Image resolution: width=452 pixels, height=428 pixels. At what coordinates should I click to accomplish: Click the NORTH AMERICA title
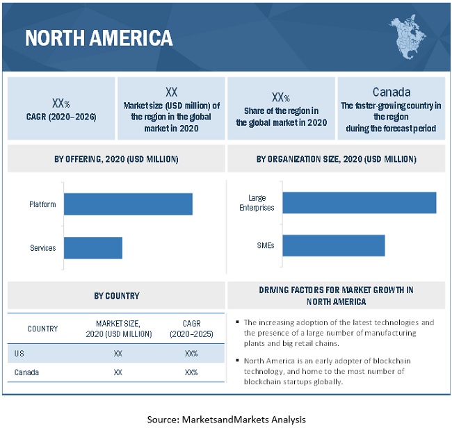click(x=99, y=37)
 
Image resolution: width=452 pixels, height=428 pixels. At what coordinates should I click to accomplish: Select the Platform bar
click(x=128, y=204)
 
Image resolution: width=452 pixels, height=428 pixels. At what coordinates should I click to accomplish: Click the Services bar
click(x=93, y=248)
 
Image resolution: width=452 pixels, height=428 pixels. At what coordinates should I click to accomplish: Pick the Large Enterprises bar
click(x=359, y=203)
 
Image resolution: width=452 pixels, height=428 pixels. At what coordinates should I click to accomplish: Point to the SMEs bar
click(x=333, y=245)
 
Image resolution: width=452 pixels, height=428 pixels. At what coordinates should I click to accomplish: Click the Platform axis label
click(x=42, y=204)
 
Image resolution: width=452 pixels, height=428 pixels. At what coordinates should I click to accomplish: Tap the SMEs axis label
click(x=265, y=245)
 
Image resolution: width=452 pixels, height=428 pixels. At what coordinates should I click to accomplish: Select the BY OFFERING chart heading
click(x=116, y=159)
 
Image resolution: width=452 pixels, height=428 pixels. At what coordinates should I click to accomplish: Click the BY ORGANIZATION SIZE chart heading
click(x=337, y=159)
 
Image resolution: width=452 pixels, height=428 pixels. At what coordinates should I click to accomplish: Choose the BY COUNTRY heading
click(x=116, y=295)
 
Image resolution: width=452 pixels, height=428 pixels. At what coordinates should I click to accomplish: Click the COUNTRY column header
click(x=42, y=329)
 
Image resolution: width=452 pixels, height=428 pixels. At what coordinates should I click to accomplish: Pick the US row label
click(x=19, y=353)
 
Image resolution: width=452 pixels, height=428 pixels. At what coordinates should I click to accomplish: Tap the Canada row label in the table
click(x=26, y=372)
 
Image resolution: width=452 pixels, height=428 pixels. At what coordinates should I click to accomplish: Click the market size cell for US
click(x=118, y=353)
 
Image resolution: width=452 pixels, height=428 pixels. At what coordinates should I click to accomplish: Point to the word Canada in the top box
click(x=392, y=92)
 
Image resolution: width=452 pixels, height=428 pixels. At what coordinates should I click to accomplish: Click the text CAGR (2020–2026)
click(x=61, y=115)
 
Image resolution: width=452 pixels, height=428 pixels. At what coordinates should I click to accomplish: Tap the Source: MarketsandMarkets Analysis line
click(x=226, y=419)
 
